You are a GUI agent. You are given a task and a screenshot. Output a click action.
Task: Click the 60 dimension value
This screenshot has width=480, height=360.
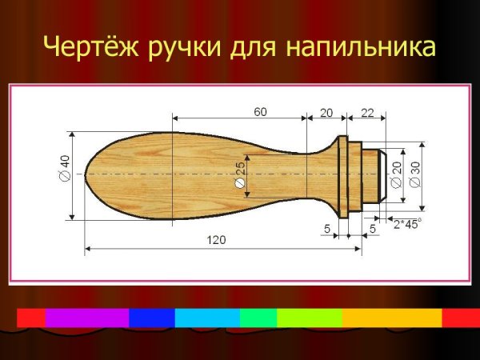(261, 112)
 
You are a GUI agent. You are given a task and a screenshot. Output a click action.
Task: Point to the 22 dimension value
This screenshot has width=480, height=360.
(367, 112)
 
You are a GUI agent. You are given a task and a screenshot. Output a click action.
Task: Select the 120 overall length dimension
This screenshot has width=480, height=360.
(216, 239)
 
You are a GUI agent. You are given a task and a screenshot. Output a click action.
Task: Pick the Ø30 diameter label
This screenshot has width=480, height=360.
(414, 172)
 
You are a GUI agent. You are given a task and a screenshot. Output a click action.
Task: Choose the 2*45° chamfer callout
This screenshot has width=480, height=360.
(407, 224)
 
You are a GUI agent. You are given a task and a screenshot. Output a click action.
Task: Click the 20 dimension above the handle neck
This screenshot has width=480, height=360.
(326, 112)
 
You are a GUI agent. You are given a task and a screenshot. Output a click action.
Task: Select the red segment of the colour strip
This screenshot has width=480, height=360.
(31, 318)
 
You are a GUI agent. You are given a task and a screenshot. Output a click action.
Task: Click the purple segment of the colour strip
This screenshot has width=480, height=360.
(87, 318)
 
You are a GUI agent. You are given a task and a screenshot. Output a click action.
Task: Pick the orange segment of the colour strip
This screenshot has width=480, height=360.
(392, 318)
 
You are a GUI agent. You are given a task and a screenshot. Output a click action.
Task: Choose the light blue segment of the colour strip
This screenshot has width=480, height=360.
(207, 318)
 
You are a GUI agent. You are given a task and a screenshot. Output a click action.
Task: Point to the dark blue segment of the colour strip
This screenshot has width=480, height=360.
(151, 318)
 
